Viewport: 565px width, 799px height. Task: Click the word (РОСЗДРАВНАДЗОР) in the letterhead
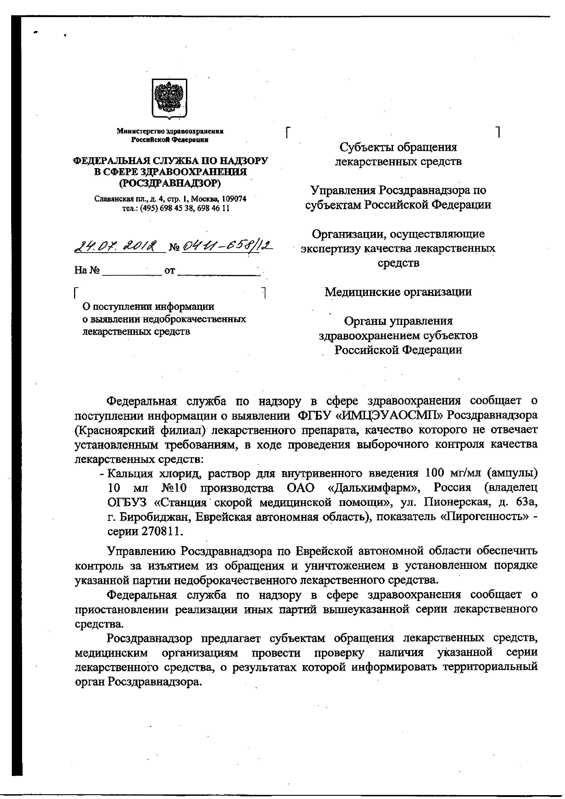click(170, 183)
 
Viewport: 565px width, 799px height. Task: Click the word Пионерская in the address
click(453, 503)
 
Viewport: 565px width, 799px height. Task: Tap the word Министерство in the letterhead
click(141, 131)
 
